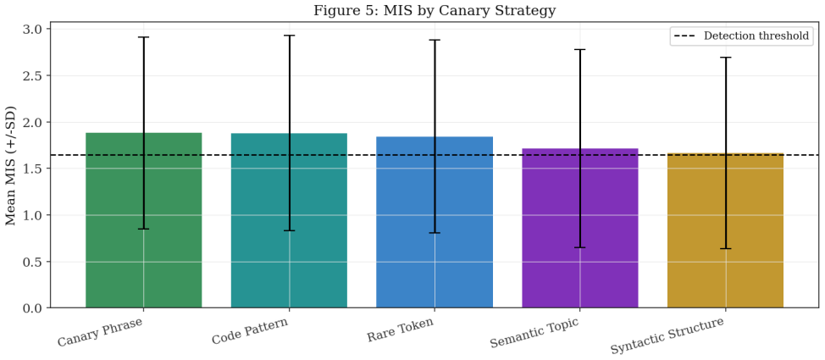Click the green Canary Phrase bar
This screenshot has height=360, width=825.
(x=144, y=220)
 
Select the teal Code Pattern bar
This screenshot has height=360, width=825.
(x=289, y=220)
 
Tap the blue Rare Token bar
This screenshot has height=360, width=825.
(x=435, y=222)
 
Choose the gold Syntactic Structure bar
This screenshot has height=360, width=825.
(x=726, y=230)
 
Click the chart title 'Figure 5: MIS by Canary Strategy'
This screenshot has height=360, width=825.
(x=435, y=10)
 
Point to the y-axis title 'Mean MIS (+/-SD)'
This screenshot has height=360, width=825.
(x=11, y=164)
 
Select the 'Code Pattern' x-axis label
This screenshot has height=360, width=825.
(x=251, y=330)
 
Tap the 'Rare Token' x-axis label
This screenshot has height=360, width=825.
(x=401, y=330)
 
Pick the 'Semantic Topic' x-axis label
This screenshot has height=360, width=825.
(x=534, y=333)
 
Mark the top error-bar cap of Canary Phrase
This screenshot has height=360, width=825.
(x=144, y=37)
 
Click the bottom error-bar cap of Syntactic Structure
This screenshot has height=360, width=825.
(x=726, y=248)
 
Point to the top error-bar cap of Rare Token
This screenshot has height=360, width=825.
(x=435, y=40)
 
